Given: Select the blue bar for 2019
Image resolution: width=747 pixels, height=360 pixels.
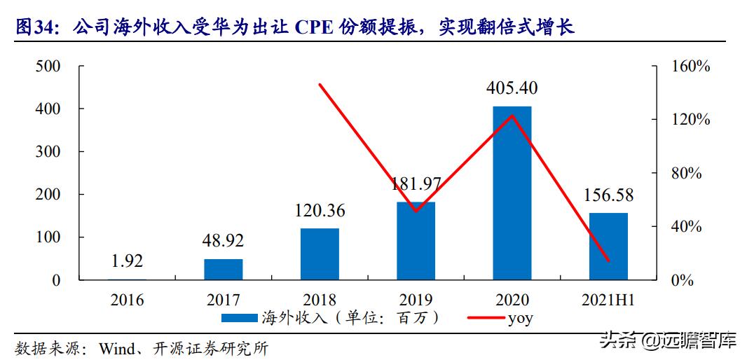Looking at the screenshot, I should tap(416, 241).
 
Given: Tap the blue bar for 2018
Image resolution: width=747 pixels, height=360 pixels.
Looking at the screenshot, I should tap(320, 254).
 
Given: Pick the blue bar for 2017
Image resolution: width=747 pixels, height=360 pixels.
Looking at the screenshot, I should tap(224, 270).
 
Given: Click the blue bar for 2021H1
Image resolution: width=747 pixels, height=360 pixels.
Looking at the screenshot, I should tap(608, 247).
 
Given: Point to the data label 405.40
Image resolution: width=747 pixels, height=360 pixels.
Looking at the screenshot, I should tap(512, 88).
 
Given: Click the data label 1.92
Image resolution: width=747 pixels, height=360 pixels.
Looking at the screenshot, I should tap(127, 261).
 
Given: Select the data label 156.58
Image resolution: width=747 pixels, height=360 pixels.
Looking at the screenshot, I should tap(608, 195).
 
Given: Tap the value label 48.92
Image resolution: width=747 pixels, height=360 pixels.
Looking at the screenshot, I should tap(224, 241).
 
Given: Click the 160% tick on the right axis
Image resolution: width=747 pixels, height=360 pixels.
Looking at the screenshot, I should tap(691, 67).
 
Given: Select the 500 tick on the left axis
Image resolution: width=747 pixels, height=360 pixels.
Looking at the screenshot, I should tap(48, 67).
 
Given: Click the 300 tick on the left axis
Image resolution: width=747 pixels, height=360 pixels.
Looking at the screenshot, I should tap(48, 152).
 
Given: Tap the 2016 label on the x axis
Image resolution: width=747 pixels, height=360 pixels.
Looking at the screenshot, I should tap(127, 300).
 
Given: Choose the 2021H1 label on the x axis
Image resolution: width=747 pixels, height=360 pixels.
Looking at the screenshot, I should tap(608, 300).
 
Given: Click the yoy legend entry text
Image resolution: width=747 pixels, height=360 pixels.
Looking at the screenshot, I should tap(520, 318).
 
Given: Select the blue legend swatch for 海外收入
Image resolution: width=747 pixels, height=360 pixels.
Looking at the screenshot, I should tap(240, 319).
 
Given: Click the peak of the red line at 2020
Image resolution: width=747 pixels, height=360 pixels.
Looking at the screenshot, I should tap(512, 116).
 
